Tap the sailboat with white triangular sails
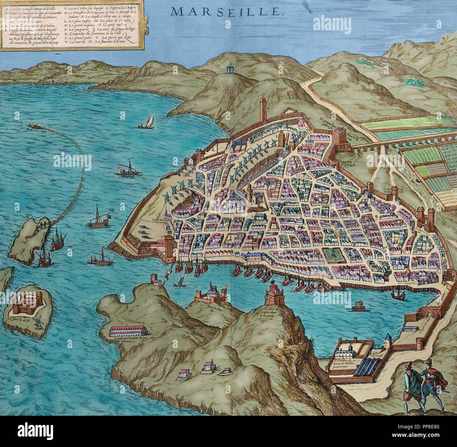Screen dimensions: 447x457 [147, 121]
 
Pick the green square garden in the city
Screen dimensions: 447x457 [332, 255]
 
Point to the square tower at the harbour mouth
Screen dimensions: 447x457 [168, 248]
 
